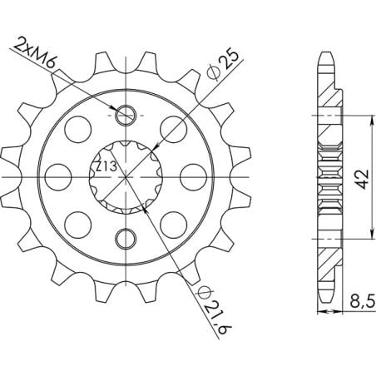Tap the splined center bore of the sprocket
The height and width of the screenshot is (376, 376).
pyautogui.click(x=126, y=177)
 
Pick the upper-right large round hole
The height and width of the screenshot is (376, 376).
pyautogui.click(x=174, y=129)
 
